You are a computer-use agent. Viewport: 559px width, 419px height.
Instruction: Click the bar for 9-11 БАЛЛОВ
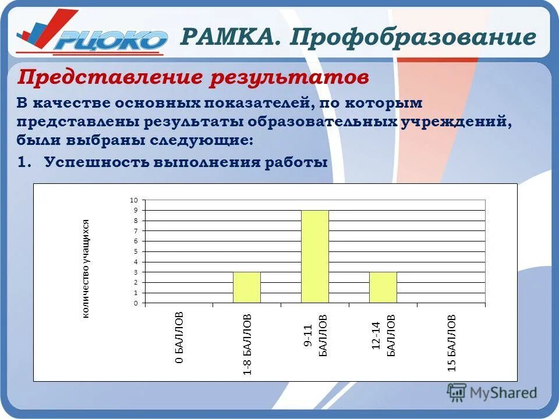(314, 256)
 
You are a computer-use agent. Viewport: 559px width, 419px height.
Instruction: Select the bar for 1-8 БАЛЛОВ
(247, 287)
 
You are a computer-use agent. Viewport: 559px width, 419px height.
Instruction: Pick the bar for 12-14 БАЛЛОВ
(383, 287)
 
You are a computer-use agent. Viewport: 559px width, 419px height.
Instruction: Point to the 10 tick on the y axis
(134, 200)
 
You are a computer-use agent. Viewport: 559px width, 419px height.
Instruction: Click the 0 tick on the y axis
(136, 303)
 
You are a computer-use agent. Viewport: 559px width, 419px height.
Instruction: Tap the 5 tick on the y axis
(136, 251)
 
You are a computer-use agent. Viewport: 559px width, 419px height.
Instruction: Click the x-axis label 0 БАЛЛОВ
(180, 338)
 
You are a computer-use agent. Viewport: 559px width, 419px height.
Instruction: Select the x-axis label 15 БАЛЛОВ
(452, 343)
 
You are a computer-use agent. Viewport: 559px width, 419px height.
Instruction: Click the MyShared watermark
(492, 392)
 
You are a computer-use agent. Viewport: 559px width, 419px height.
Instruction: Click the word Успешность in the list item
(95, 162)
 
